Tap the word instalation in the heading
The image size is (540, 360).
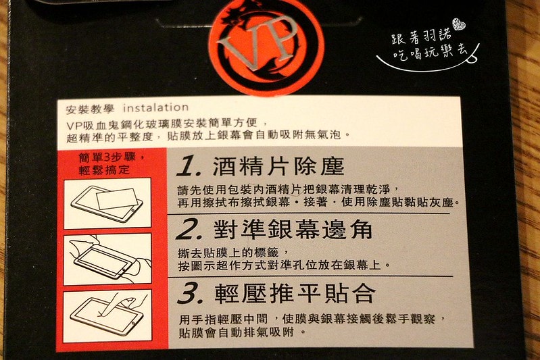(155, 107)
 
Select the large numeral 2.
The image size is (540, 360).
(189, 229)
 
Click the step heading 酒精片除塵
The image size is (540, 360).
(278, 166)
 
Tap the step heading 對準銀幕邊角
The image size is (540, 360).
(293, 229)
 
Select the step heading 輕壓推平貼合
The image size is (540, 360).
(295, 294)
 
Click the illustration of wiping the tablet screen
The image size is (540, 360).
(107, 203)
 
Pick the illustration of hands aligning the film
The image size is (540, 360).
(107, 259)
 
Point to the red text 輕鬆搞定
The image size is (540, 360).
(104, 170)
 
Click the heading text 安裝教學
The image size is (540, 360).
(91, 109)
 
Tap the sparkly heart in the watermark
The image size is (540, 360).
(459, 24)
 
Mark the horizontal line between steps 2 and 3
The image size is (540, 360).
(310, 276)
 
